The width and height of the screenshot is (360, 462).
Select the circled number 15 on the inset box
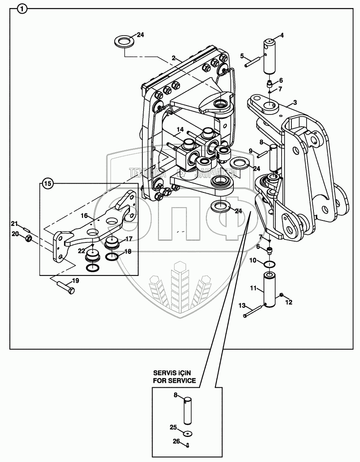48,184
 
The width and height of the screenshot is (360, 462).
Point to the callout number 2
174,58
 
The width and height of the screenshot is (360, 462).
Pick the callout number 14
180,129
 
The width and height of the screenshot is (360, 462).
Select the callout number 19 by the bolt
75,280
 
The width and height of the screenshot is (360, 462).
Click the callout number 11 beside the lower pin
253,288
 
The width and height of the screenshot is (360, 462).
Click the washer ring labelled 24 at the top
125,42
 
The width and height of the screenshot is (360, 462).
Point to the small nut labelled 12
281,295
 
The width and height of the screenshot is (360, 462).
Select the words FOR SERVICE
174,380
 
